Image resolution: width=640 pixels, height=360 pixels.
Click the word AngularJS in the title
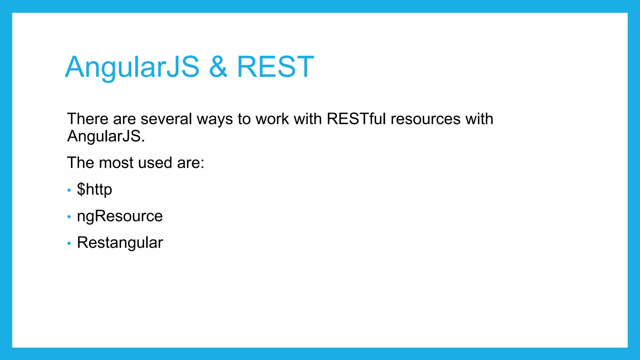[132, 67]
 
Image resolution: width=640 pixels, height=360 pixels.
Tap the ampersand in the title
[218, 67]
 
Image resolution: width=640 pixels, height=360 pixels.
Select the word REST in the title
[275, 67]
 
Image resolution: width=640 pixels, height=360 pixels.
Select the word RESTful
[356, 119]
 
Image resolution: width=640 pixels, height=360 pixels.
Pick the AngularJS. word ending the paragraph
[106, 136]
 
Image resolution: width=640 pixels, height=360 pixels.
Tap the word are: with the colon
[191, 163]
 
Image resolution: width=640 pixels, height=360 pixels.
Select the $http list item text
[94, 189]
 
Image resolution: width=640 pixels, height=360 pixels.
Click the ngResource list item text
[120, 216]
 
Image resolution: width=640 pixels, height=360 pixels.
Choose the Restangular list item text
[120, 243]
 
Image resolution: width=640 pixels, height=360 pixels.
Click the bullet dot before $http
[69, 190]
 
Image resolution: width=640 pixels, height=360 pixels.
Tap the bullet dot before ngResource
[69, 217]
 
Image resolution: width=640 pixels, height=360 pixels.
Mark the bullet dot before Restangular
[69, 243]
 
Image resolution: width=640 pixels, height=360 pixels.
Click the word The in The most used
[80, 163]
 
